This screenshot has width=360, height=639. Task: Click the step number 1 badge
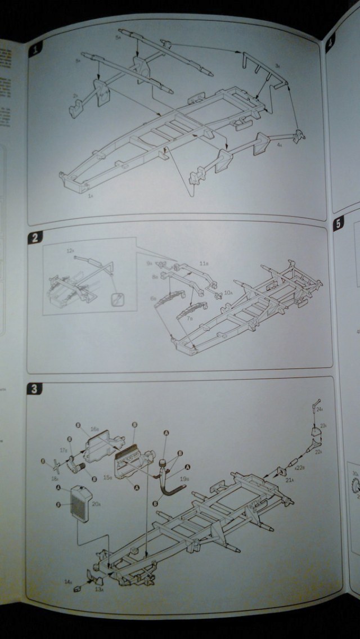click(x=37, y=49)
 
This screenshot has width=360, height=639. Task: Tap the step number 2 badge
click(x=35, y=237)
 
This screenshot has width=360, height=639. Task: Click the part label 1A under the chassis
click(x=90, y=196)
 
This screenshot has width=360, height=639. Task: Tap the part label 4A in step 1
click(x=280, y=145)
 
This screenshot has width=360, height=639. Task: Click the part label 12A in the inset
click(x=70, y=249)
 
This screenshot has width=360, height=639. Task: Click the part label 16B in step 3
click(x=95, y=429)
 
